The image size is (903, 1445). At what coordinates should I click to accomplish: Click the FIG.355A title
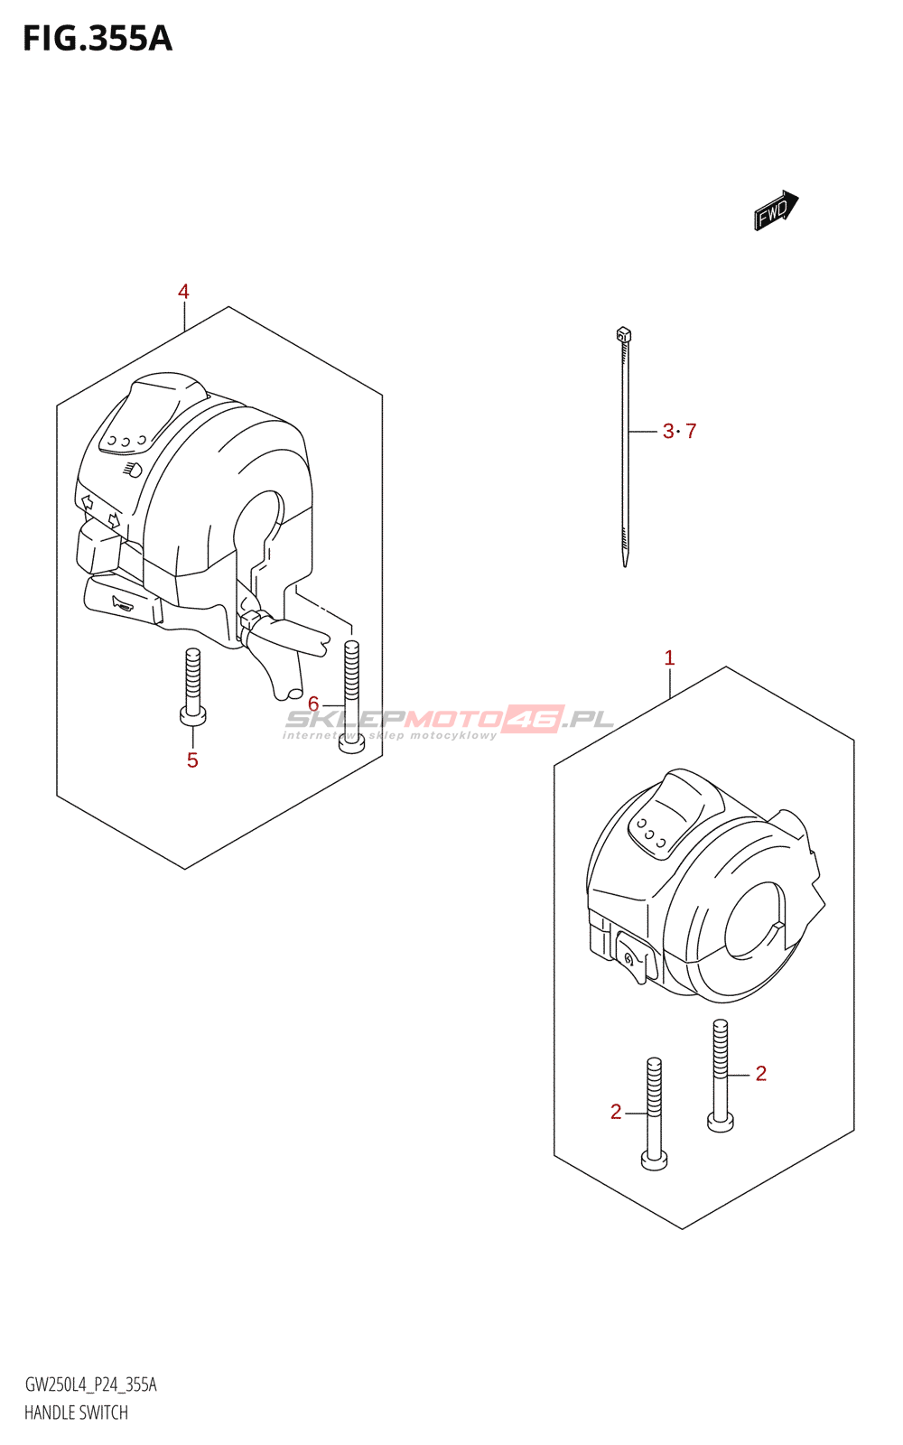point(97,39)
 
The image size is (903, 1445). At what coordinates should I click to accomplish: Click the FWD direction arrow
point(776,210)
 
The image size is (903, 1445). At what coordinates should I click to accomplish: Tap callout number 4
point(183,292)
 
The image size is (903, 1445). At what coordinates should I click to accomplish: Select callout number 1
point(669,658)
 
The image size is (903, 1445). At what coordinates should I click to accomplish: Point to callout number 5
point(192,760)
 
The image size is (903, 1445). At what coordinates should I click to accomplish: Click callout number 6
point(313,704)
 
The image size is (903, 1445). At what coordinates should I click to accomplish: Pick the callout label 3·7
point(679,432)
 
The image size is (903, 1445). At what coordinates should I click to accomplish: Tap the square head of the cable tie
point(623,335)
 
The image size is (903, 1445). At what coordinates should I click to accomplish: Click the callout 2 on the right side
point(760,1073)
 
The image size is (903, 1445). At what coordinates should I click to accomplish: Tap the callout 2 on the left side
point(616,1112)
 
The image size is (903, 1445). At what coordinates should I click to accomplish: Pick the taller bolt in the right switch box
point(720,1075)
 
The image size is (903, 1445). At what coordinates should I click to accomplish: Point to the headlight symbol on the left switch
point(132,470)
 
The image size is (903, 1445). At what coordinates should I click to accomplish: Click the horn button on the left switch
point(120,603)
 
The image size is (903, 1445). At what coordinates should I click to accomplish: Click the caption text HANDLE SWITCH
point(76,1412)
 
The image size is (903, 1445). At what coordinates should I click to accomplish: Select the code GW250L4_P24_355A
point(90,1384)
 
